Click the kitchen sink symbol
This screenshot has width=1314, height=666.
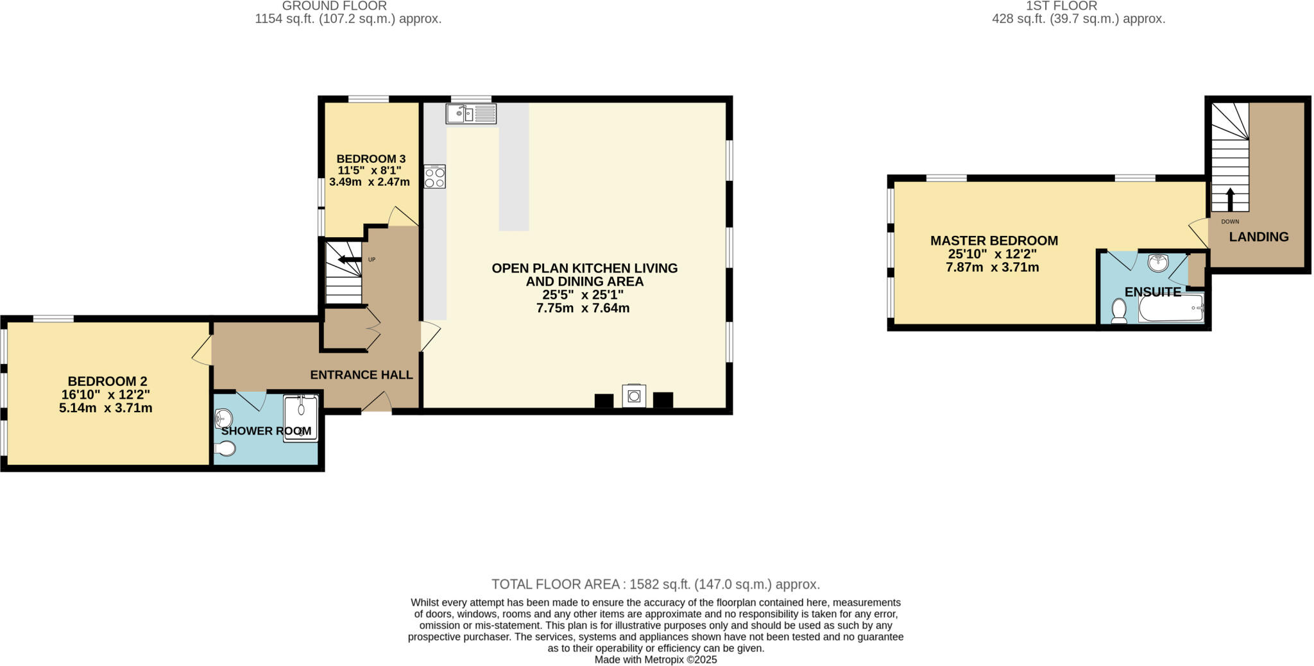coord(471,113)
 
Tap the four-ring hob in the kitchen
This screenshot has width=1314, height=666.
coord(435,176)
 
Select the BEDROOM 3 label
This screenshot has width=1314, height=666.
coord(371,159)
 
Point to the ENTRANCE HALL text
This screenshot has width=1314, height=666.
coord(361,375)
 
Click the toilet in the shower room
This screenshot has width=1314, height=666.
coord(225,449)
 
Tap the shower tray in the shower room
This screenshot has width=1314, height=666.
coord(301,417)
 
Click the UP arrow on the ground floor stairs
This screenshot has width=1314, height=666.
coord(350,260)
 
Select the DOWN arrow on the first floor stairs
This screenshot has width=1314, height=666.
coord(1230,199)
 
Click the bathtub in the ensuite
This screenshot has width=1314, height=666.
coord(1171,308)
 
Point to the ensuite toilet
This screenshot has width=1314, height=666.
coord(1119,311)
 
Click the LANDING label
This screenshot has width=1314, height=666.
coord(1258,237)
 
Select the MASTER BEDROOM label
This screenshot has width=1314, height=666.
coord(994,240)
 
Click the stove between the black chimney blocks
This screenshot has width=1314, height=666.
coord(634,395)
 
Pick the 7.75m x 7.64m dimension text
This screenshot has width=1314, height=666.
coord(583,308)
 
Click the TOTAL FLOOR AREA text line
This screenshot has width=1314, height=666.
coord(655,584)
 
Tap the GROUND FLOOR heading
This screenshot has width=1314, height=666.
coord(334,6)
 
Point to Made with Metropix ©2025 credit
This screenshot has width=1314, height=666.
coord(655,660)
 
